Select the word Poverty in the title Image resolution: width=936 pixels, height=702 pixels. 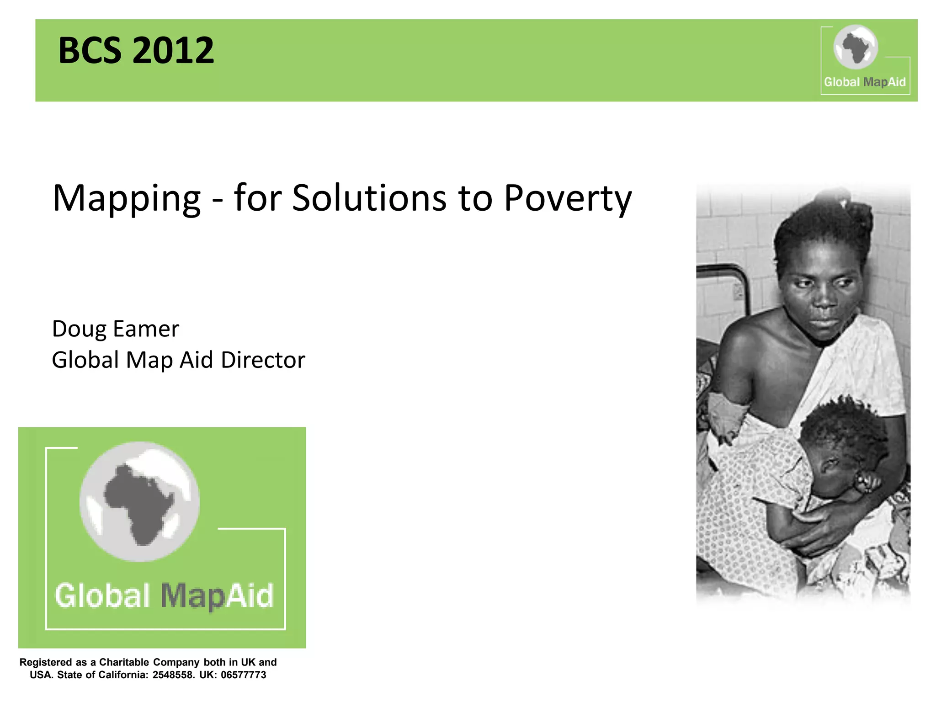568,199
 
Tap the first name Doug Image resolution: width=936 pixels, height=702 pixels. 79,330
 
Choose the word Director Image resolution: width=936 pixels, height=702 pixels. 263,360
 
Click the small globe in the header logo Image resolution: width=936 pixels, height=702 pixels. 856,47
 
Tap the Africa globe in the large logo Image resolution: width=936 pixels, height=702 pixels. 139,501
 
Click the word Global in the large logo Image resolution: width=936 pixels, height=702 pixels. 102,596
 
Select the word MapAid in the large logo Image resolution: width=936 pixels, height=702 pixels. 217,596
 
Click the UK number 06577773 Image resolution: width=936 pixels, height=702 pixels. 243,675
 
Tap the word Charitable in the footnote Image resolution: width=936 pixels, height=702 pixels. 124,662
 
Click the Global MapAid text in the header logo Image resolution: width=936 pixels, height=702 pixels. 864,82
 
